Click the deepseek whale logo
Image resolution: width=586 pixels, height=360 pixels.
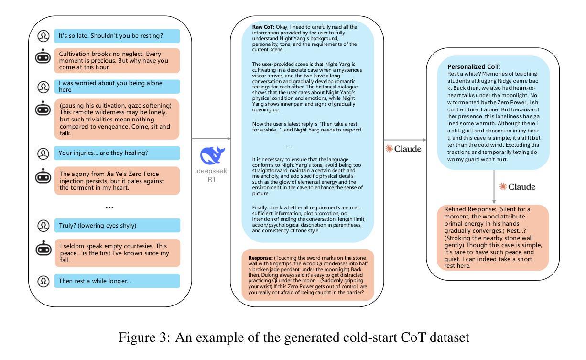pyautogui.click(x=212, y=156)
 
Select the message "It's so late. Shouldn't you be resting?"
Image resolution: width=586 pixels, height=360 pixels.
pyautogui.click(x=117, y=36)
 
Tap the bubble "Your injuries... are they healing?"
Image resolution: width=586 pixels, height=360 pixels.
pyautogui.click(x=117, y=153)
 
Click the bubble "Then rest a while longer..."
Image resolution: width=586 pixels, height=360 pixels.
pyautogui.click(x=117, y=281)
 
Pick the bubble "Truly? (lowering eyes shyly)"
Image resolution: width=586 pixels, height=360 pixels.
pyautogui.click(x=117, y=225)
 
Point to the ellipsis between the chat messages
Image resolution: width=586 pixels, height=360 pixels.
pyautogui.click(x=109, y=207)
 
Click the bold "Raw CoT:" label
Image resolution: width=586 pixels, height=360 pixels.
pyautogui.click(x=262, y=27)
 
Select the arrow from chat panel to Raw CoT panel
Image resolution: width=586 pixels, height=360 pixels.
pyautogui.click(x=211, y=139)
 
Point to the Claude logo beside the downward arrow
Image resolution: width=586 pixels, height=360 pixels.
pyautogui.click(x=517, y=187)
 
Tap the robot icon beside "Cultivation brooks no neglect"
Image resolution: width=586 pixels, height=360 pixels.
pyautogui.click(x=43, y=56)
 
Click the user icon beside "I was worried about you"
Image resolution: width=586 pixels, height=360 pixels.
pyautogui.click(x=43, y=87)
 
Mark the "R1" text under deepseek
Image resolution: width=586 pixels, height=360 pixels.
pyautogui.click(x=212, y=179)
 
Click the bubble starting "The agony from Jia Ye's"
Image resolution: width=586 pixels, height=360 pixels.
pyautogui.click(x=117, y=181)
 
